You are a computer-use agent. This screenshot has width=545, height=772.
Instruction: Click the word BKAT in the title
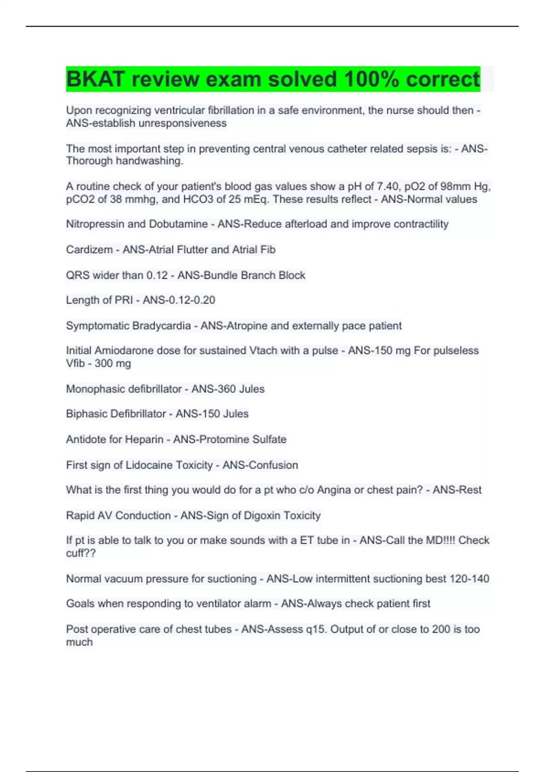(x=95, y=79)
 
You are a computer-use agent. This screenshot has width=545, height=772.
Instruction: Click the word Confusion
(x=275, y=465)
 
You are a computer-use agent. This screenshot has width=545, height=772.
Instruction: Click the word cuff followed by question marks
(x=81, y=553)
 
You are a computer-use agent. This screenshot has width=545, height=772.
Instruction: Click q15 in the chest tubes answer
(x=316, y=629)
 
